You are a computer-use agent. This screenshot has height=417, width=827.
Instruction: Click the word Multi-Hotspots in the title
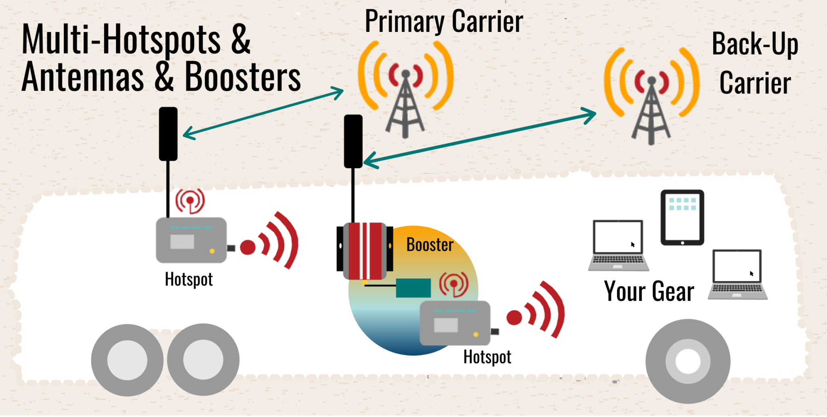[x=121, y=40]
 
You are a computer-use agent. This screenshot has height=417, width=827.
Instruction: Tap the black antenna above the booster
[x=353, y=141]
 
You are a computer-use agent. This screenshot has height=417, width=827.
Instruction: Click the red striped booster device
[x=365, y=251]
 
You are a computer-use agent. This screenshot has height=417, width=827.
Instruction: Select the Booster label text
[x=430, y=245]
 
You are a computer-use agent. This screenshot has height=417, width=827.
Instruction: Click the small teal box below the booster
[x=413, y=288]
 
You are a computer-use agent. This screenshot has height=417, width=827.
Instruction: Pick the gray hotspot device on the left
[x=191, y=240]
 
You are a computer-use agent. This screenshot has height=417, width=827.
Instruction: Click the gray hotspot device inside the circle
[x=455, y=323]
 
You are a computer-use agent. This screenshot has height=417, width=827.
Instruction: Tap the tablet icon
[x=682, y=217]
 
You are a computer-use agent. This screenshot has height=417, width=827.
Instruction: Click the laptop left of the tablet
[x=618, y=245]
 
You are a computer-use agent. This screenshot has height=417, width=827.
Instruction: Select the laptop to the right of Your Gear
[x=737, y=275]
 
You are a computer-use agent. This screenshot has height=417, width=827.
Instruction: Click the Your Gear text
[x=649, y=291]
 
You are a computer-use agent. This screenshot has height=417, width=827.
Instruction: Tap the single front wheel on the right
[x=687, y=361]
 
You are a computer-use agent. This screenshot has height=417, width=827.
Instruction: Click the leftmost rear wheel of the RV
[x=127, y=360]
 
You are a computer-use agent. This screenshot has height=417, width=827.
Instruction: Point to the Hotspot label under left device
[x=189, y=279]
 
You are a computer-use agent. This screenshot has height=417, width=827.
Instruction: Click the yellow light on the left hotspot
[x=212, y=251]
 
